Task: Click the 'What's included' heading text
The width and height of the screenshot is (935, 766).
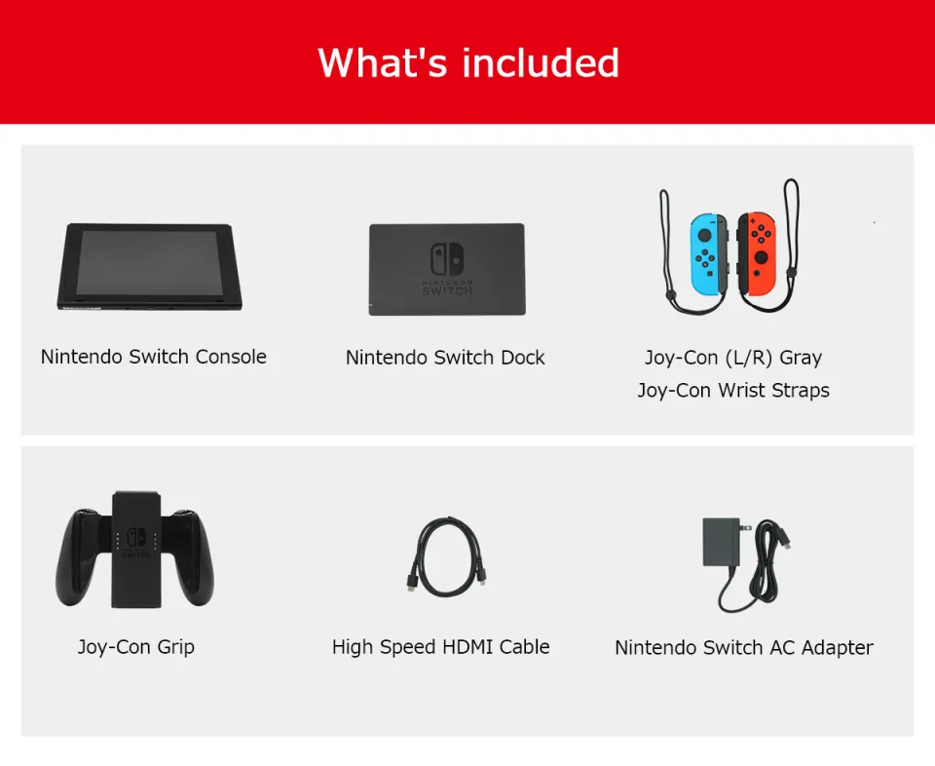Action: (468, 62)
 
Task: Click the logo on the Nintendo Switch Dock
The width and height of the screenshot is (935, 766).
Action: (447, 259)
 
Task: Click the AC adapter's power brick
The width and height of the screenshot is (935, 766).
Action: (722, 542)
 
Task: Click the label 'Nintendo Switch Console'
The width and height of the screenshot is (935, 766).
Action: (154, 357)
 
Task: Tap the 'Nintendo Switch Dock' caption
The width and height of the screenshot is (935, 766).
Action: (445, 358)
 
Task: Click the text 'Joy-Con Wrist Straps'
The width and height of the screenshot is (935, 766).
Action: (733, 391)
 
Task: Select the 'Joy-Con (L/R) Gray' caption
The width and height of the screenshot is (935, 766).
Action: (733, 358)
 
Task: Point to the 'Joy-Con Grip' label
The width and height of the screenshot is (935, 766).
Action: (136, 647)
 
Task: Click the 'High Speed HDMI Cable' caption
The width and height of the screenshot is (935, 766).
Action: (441, 647)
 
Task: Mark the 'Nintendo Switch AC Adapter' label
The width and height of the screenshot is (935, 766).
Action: (744, 648)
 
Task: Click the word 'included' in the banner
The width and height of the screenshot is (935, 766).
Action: (541, 62)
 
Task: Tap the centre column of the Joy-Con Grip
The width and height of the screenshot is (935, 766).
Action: (136, 551)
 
